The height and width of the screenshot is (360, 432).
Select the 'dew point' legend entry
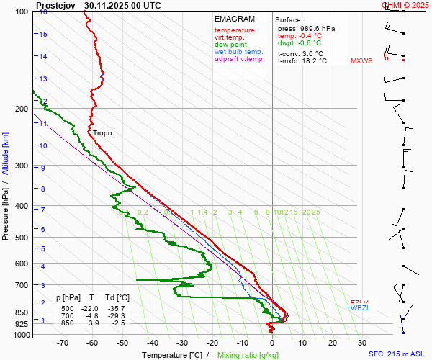[230, 45]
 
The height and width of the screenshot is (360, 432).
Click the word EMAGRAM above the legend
[235, 19]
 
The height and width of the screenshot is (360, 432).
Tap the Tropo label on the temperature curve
[102, 133]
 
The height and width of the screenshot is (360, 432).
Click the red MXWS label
[361, 61]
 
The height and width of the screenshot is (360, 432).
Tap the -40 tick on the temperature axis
[153, 344]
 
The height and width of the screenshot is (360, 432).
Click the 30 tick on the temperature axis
[362, 344]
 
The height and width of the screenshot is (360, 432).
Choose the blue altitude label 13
[43, 78]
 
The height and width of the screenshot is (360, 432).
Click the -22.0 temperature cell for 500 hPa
[93, 308]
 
